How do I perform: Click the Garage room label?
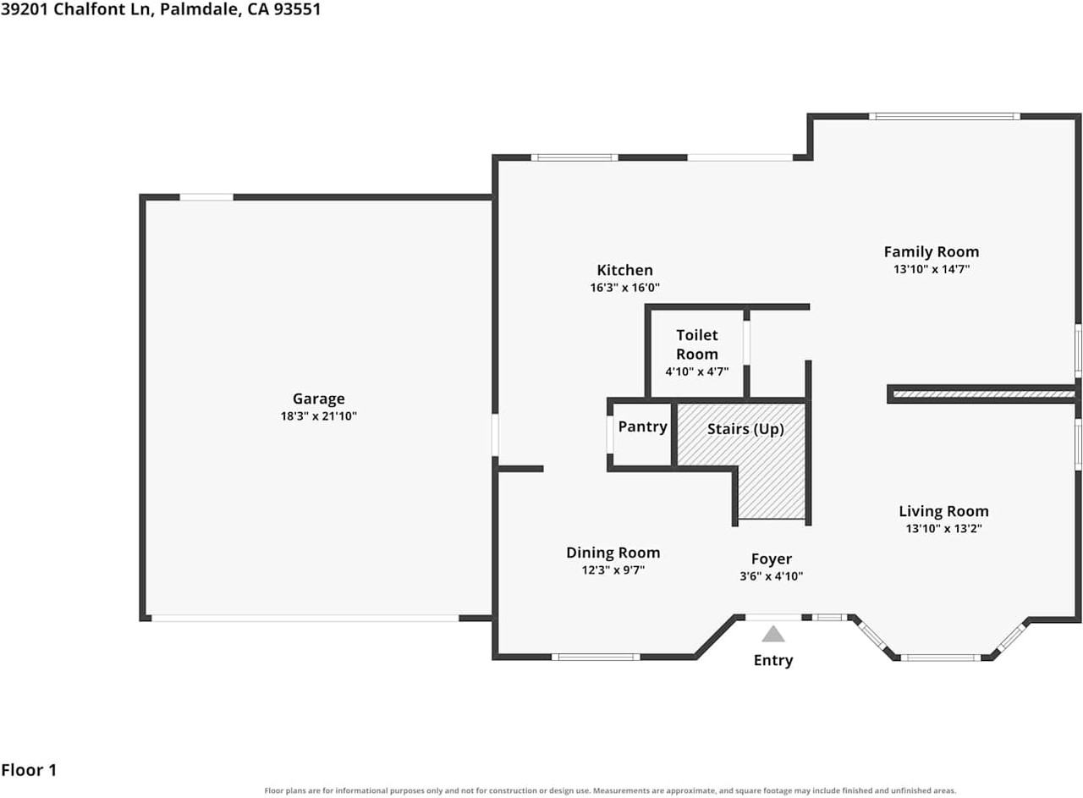(x=319, y=399)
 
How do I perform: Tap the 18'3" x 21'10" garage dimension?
(x=319, y=416)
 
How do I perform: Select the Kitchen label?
(x=624, y=270)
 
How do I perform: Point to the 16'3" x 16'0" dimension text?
(x=624, y=288)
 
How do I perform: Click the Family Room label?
(x=932, y=252)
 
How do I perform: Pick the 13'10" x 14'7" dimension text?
(x=932, y=269)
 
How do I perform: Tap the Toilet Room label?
(x=696, y=344)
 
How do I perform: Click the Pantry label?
(x=642, y=427)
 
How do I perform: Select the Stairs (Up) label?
(x=745, y=429)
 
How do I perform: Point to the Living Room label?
(x=943, y=511)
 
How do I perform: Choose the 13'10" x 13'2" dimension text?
(x=943, y=528)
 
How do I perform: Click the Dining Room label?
(x=613, y=553)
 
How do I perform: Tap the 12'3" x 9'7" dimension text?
(x=613, y=570)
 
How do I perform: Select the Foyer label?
(x=771, y=559)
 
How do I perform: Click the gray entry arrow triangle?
(x=773, y=634)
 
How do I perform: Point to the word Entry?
(x=773, y=660)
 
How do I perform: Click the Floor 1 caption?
(x=29, y=770)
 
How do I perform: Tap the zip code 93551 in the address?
(x=297, y=9)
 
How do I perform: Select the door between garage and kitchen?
(x=495, y=434)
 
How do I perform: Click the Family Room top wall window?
(x=944, y=116)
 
